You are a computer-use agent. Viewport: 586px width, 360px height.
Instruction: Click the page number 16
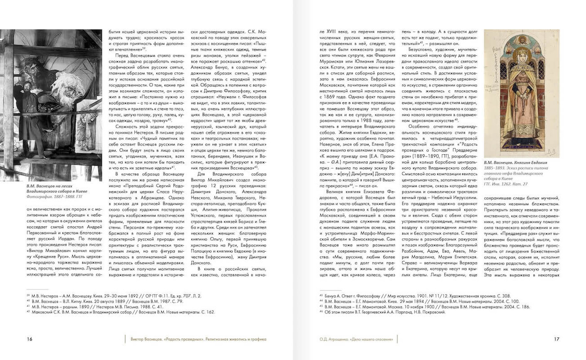click(29, 340)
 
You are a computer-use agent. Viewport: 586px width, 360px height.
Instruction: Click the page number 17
click(556, 340)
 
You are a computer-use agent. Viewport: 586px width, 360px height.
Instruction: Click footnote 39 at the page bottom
click(113, 295)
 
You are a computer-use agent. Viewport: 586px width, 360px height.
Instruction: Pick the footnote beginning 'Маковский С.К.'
click(121, 312)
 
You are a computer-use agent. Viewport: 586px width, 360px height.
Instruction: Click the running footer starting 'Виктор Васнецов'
click(198, 339)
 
